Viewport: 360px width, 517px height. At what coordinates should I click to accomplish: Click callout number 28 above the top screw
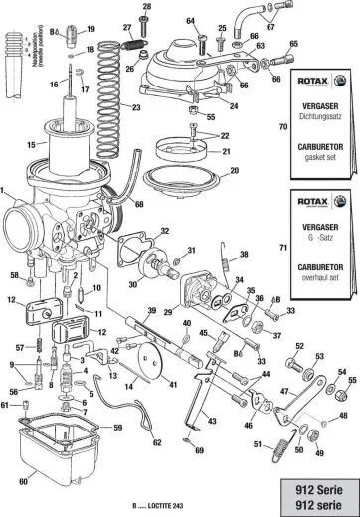point(146,7)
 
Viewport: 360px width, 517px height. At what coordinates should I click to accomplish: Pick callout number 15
point(31,145)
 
